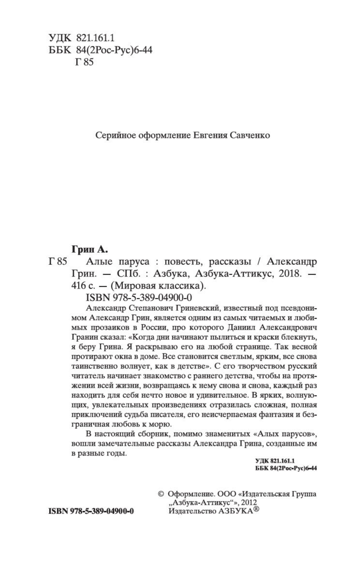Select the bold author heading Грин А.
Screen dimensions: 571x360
89,250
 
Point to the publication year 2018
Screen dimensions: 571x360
289,274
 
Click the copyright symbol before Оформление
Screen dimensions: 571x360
160,494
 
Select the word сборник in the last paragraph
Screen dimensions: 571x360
153,434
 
